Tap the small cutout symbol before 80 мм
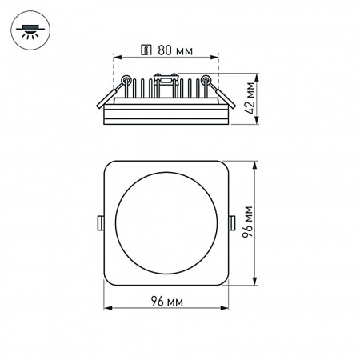pyautogui.click(x=145, y=50)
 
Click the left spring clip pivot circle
pyautogui.click(x=126, y=79)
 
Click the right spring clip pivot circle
pyautogui.click(x=206, y=79)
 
